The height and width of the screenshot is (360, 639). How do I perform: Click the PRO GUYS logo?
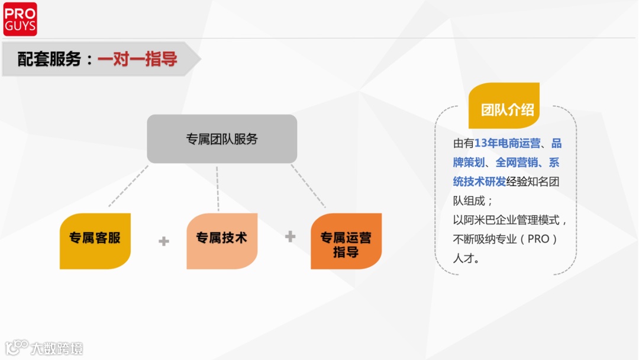(x=20, y=19)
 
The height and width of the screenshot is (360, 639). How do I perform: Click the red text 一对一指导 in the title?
(x=137, y=59)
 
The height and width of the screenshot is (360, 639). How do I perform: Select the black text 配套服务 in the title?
(x=49, y=59)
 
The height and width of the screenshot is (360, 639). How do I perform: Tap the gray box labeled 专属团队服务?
(x=222, y=139)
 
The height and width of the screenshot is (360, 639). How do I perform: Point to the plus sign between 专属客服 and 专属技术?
(x=164, y=241)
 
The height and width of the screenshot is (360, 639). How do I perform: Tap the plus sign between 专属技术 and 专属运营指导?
(x=290, y=237)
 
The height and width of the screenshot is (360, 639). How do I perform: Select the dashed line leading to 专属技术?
(x=218, y=188)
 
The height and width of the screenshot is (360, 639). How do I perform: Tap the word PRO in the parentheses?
(x=538, y=240)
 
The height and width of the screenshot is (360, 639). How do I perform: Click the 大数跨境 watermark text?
(x=57, y=348)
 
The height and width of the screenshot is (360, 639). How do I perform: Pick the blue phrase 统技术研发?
(x=480, y=182)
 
